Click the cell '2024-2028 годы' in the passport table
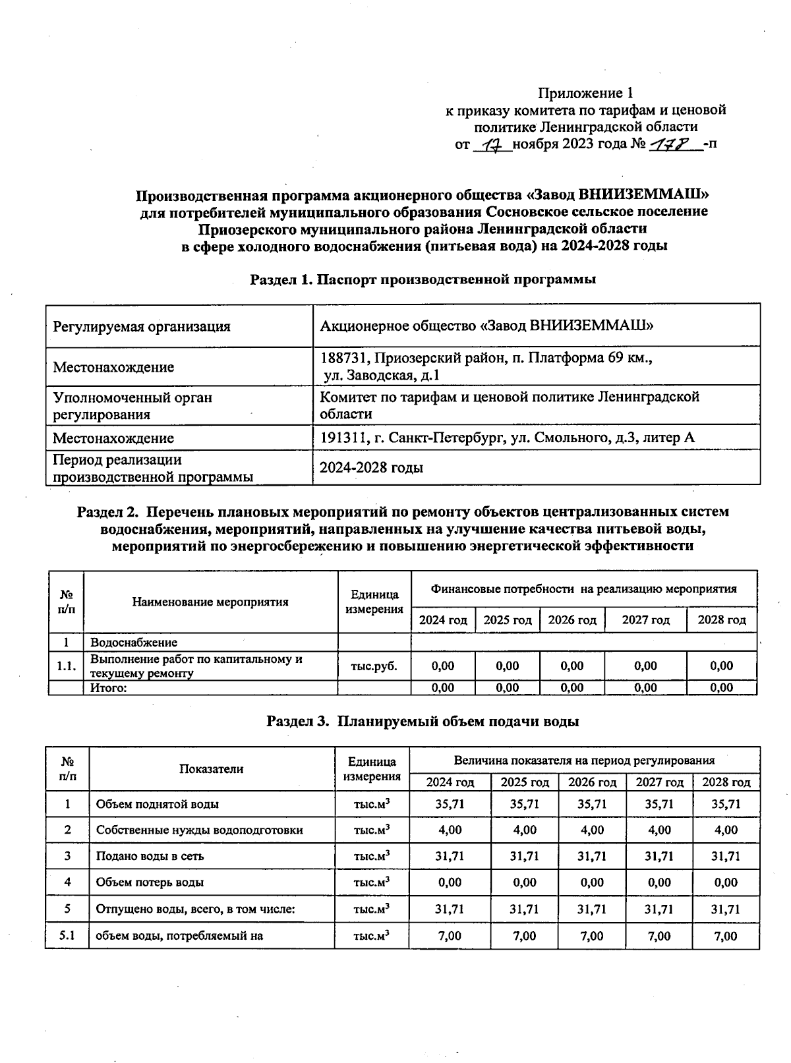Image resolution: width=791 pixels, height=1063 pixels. click(x=371, y=468)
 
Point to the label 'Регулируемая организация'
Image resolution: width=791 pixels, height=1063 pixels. click(x=142, y=326)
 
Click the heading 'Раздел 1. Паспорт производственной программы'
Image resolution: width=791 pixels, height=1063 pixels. click(x=423, y=279)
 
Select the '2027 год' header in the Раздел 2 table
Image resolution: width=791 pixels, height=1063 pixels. click(x=645, y=620)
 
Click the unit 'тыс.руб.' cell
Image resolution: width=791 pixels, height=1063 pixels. click(x=374, y=666)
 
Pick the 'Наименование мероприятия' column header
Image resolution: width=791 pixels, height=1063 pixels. click(x=210, y=602)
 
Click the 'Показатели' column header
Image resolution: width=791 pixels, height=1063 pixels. click(x=211, y=769)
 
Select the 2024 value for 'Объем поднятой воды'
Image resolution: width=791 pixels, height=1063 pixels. click(x=450, y=804)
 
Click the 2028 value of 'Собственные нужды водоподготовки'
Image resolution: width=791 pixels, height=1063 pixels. click(x=726, y=830)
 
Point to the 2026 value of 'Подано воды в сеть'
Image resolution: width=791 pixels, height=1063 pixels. click(x=591, y=857)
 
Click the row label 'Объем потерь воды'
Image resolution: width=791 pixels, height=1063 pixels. click(x=150, y=882)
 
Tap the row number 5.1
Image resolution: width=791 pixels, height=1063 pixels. click(x=67, y=936)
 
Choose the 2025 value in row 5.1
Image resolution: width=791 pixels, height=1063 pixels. click(x=524, y=936)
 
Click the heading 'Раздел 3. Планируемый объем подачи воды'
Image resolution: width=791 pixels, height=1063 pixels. click(x=423, y=722)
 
